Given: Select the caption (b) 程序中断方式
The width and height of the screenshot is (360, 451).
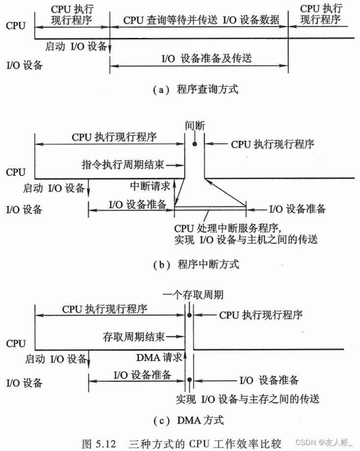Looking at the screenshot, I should tap(196, 264).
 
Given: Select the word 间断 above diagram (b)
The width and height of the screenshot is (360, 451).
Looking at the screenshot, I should tap(195, 125).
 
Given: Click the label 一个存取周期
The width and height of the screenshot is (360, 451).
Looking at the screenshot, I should tap(193, 295).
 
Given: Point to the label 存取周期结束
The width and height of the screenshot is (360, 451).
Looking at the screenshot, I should tap(133, 337).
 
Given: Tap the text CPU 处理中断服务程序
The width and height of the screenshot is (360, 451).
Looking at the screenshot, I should tap(227, 229).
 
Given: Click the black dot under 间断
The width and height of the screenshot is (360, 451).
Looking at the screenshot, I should tap(195, 144).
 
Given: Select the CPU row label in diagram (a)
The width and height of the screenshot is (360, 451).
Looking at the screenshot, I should tap(15, 26).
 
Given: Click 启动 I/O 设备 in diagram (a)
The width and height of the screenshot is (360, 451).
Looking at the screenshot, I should tap(76, 46).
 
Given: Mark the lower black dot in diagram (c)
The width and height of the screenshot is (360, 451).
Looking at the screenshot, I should tap(189, 379).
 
